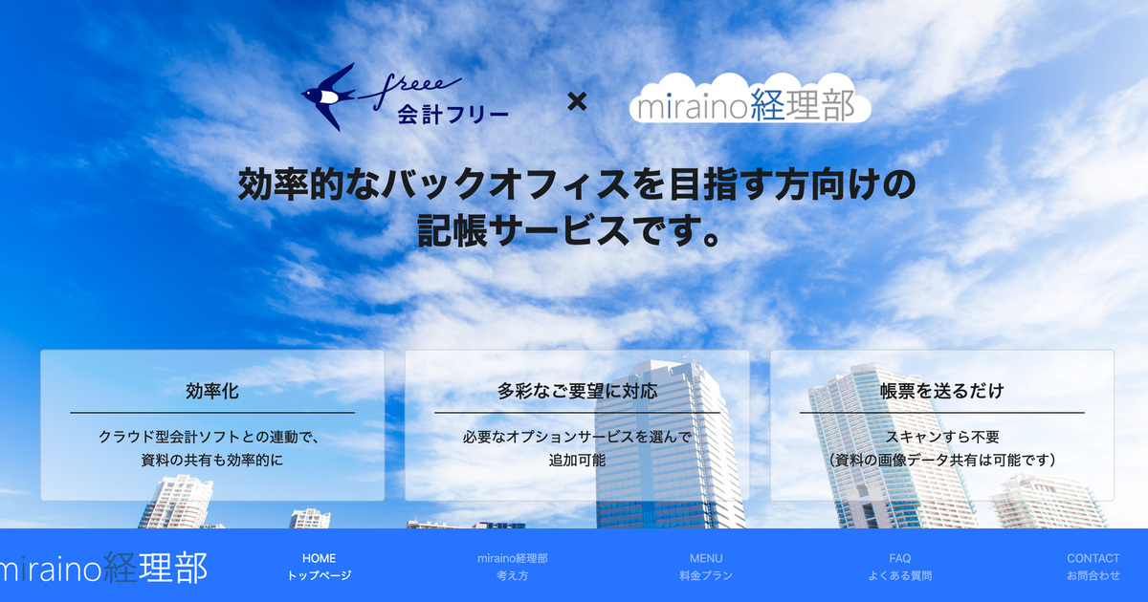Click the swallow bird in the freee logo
pos(327,97)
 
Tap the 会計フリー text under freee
pos(453,115)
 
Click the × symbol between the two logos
pos(577,101)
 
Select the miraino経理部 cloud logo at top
pos(750,98)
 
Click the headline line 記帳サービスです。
pos(570,231)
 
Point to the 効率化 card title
pos(212,391)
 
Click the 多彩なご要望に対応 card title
pos(577,391)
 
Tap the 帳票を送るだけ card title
pos(942,391)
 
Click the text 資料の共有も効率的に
pos(212,461)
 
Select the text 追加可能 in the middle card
pos(577,461)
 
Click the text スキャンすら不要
pos(942,437)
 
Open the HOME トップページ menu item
pos(320,567)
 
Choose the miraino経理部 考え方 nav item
pos(513,567)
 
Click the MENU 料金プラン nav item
pos(706,567)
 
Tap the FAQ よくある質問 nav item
pos(900,567)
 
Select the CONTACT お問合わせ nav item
pos(1093,567)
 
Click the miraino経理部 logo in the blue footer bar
pos(102,568)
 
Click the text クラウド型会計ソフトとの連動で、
pos(210,437)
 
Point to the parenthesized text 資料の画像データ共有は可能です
pos(942,461)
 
